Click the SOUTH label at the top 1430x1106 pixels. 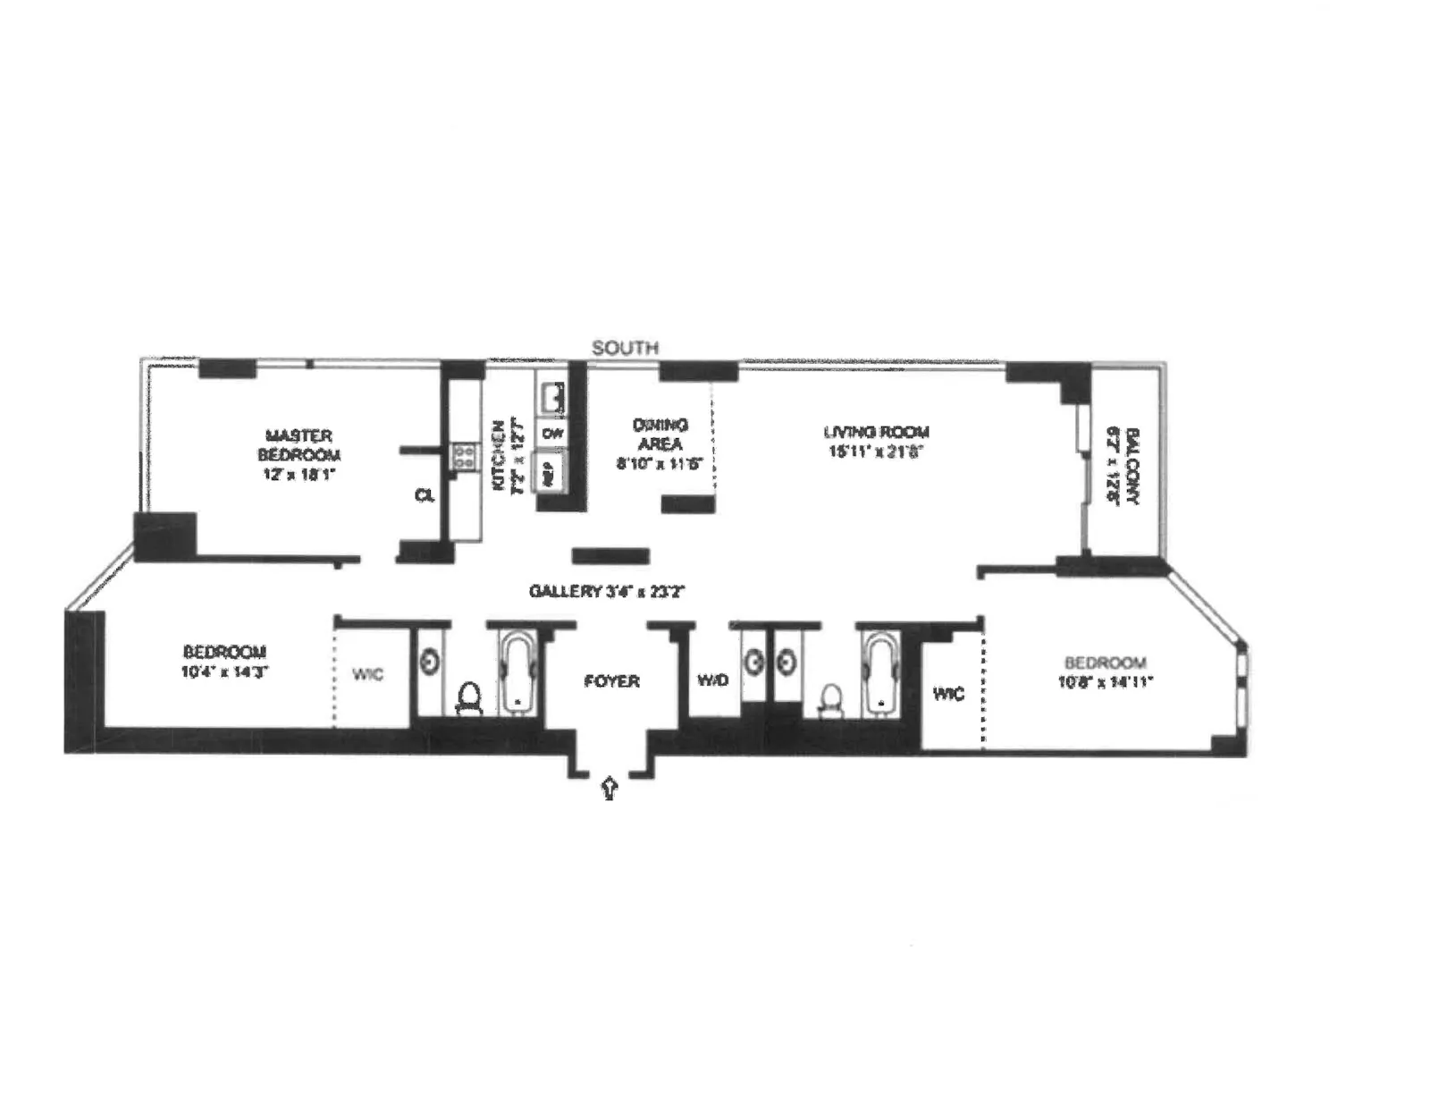tap(626, 348)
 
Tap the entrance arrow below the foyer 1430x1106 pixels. tap(610, 788)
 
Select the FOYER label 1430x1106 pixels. tap(612, 681)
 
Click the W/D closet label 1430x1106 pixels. tap(712, 681)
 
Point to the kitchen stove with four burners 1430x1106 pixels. tap(464, 458)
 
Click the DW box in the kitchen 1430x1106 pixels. tap(552, 434)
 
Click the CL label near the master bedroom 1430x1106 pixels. tap(425, 494)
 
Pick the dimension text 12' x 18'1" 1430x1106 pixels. tap(299, 474)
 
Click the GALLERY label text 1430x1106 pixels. tap(564, 592)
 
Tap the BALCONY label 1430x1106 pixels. tap(1132, 467)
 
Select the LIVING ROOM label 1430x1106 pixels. tap(876, 433)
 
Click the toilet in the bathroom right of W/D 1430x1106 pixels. tap(831, 700)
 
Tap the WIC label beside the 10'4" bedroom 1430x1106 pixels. tap(367, 674)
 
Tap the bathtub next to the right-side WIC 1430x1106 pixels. tap(881, 672)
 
